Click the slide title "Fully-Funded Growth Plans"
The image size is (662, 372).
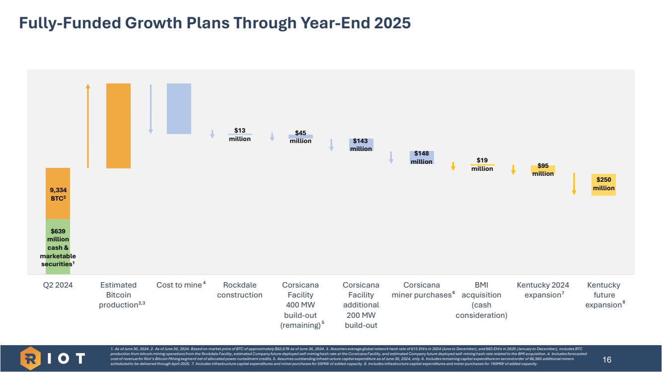[215, 23]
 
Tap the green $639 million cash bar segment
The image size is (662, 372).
[58, 246]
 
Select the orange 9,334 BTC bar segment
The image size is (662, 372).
[58, 193]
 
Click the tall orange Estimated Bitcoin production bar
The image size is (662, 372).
[118, 126]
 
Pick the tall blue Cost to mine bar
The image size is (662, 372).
[179, 108]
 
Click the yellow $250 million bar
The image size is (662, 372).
[603, 184]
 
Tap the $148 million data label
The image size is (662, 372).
[421, 157]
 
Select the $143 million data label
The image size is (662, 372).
[361, 145]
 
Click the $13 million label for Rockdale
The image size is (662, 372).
[240, 135]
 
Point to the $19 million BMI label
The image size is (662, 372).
[482, 164]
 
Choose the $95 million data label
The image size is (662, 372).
[543, 169]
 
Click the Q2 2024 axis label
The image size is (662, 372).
[58, 285]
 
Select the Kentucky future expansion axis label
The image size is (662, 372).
[603, 295]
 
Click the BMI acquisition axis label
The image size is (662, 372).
[481, 300]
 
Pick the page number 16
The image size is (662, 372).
[607, 360]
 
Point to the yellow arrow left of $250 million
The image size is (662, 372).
[574, 183]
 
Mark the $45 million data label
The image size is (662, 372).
[300, 137]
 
